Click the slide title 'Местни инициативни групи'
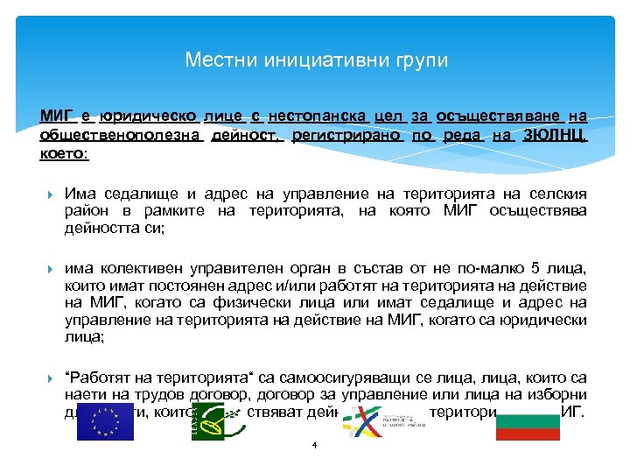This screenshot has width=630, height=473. (x=316, y=60)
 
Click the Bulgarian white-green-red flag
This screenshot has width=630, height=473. (x=528, y=423)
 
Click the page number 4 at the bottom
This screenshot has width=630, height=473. (x=313, y=446)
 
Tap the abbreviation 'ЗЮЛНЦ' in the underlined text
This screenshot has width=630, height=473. (x=555, y=136)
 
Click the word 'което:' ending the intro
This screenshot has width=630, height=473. (x=64, y=153)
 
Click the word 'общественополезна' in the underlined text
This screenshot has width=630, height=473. (x=122, y=136)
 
